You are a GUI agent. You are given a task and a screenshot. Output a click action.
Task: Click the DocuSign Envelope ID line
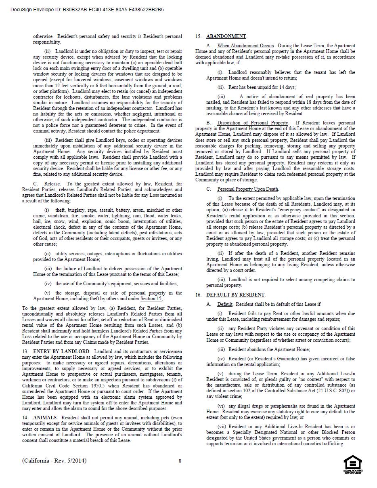87,9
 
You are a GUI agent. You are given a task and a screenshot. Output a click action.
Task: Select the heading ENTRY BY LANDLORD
61,351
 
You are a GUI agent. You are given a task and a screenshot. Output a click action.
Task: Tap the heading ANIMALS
45,417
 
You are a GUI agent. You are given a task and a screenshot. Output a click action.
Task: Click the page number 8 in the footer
180,461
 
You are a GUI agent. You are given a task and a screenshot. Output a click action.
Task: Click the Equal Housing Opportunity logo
352,465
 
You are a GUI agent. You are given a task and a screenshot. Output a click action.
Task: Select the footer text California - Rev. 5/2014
54,461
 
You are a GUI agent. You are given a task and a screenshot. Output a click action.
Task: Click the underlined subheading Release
52,184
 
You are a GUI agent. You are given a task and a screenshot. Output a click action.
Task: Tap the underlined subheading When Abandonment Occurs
245,46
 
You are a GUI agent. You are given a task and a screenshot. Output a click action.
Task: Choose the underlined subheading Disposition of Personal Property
253,123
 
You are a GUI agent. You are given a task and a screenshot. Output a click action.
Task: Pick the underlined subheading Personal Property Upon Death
248,189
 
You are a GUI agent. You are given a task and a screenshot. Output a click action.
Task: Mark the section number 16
198,295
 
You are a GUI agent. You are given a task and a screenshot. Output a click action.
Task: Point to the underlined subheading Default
225,304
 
